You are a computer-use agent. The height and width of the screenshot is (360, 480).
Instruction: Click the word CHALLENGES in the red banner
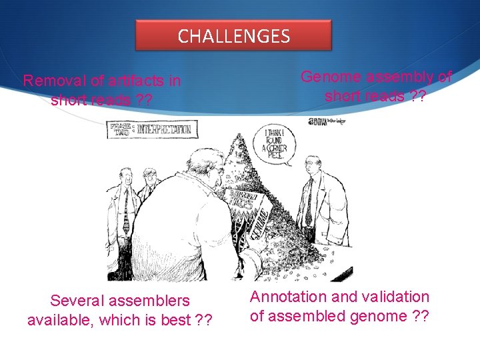coord(233,36)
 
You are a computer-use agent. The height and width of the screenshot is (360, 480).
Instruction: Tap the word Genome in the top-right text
coord(329,77)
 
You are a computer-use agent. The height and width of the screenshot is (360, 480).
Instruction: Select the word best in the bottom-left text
coord(176,321)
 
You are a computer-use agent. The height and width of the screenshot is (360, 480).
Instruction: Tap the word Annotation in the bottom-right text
coord(289,297)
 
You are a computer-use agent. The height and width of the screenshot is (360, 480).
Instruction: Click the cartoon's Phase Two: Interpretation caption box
coord(150,129)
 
